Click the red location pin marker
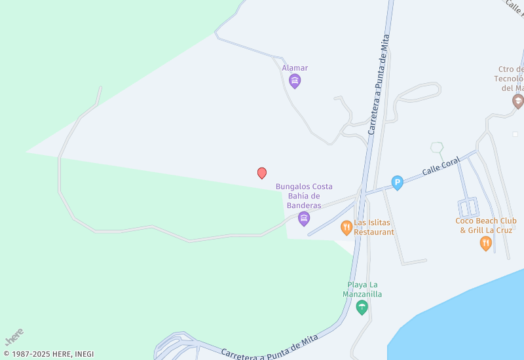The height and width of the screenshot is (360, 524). coord(262,173)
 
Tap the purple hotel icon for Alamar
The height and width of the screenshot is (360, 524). coord(295,81)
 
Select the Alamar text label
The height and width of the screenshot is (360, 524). coord(295,68)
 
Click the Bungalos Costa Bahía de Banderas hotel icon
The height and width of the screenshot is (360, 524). coord(304,219)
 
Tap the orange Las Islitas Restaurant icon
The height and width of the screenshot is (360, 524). coord(346,228)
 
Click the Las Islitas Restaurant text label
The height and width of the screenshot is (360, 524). coord(375,227)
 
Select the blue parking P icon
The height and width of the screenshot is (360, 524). coord(397,183)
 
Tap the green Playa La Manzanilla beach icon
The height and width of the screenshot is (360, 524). coord(362,307)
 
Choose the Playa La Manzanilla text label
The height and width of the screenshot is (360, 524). coord(362,289)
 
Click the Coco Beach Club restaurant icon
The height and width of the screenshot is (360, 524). coord(485,243)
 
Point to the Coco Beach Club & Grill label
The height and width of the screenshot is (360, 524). coord(486,225)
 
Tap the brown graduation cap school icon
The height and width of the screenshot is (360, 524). coord(518,101)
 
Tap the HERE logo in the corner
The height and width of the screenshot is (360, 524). coord(14,336)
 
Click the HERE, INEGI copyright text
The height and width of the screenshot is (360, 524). coord(49,354)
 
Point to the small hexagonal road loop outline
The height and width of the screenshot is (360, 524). coord(437,148)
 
